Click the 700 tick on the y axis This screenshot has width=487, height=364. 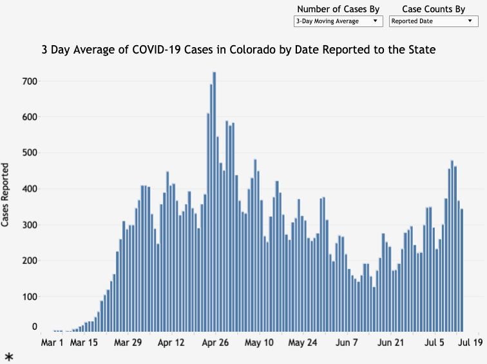[30, 81]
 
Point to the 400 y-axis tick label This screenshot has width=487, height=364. [30, 189]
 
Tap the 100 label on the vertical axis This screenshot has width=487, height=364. [30, 297]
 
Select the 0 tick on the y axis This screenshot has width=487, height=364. [35, 327]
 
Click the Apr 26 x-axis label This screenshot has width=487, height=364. [215, 342]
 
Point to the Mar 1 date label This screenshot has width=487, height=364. [52, 342]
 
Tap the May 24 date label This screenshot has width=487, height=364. [304, 342]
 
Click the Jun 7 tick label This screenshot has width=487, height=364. [347, 342]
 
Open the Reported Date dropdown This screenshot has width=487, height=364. [434, 21]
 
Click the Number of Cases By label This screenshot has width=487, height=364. [338, 9]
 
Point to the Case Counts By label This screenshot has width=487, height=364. [434, 9]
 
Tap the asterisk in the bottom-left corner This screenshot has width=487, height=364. [9, 356]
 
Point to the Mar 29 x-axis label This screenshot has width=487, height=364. [128, 342]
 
